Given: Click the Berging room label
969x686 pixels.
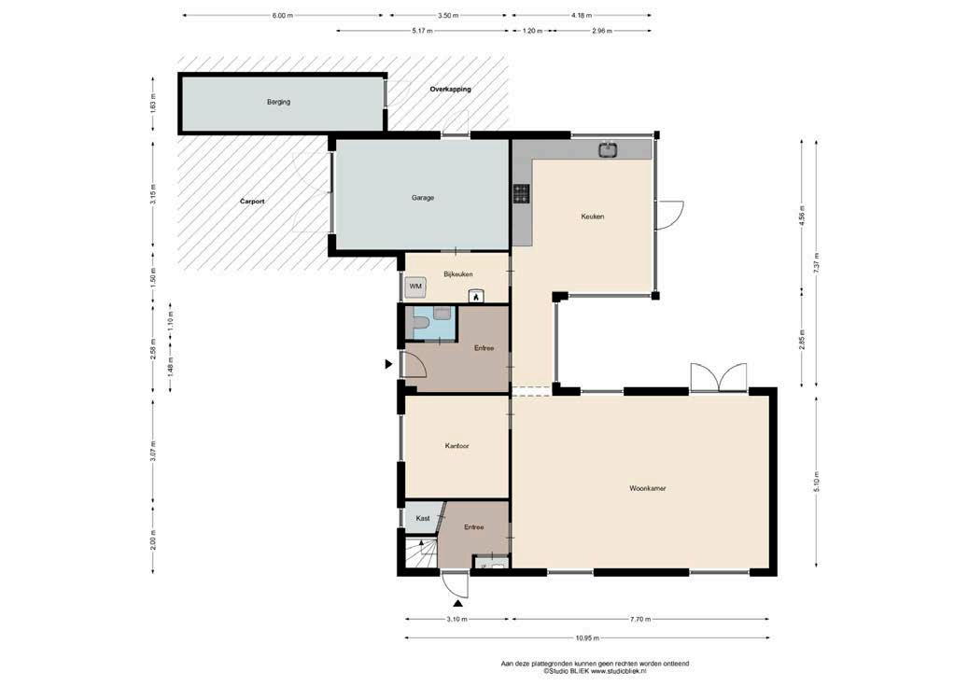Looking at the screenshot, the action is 279,102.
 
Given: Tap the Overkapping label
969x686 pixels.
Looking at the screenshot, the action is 451,89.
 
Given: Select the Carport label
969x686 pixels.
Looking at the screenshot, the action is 252,202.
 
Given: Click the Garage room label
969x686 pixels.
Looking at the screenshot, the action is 423,198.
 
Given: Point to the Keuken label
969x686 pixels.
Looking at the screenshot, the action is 593,217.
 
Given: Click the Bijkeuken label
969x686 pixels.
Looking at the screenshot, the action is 458,273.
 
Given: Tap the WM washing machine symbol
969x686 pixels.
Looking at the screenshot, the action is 415,287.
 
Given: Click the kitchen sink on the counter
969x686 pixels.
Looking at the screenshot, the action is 608,149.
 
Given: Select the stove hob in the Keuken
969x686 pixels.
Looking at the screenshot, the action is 522,194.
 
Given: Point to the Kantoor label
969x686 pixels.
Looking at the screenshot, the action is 457,445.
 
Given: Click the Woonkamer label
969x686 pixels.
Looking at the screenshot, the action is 648,488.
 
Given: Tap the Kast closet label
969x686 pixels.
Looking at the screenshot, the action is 423,518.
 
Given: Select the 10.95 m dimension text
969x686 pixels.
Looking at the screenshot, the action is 586,637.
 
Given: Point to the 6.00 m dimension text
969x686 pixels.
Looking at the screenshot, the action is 283,16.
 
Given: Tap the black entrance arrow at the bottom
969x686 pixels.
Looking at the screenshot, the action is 458,604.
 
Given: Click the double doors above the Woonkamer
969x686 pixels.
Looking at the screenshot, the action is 719,377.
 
